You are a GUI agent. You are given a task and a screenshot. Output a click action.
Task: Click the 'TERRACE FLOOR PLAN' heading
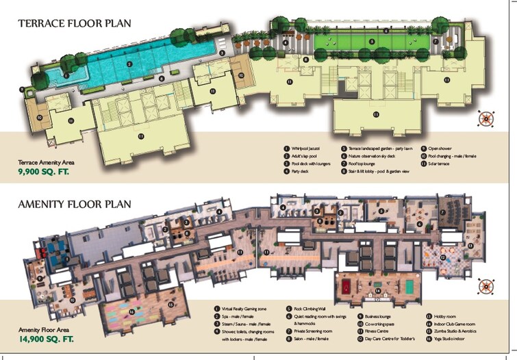coord(75,23)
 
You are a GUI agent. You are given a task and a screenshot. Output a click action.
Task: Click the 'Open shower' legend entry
coord(442,148)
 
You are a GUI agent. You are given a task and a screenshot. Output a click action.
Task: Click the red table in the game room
coord(346,284)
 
